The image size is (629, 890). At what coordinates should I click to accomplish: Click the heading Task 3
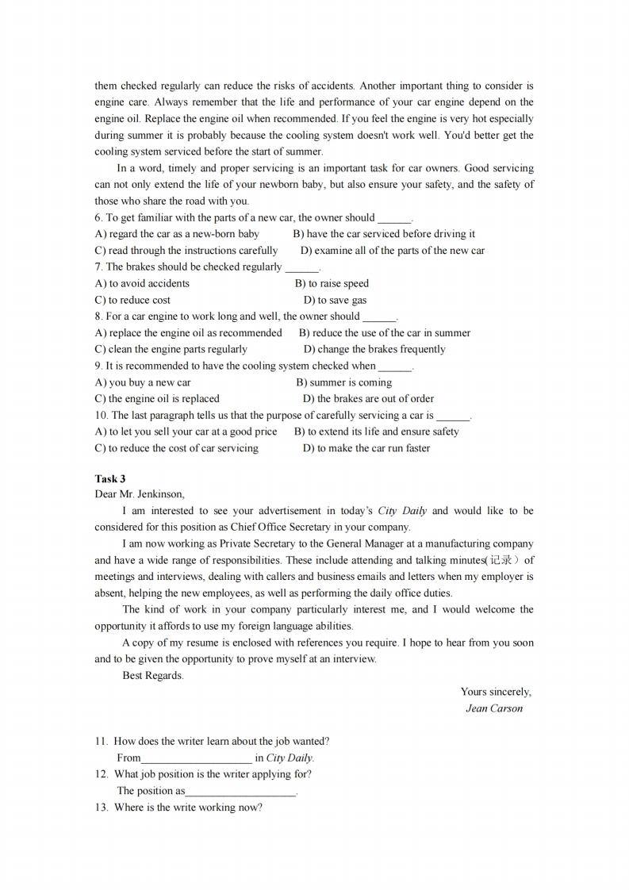pyautogui.click(x=110, y=478)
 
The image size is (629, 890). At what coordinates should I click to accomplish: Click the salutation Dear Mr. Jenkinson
pyautogui.click(x=140, y=494)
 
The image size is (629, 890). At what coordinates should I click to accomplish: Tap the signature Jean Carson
pyautogui.click(x=494, y=708)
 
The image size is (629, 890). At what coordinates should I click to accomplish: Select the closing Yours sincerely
pyautogui.click(x=496, y=692)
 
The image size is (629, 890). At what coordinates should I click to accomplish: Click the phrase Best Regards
pyautogui.click(x=153, y=676)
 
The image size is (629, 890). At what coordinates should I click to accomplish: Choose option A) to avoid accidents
pyautogui.click(x=142, y=283)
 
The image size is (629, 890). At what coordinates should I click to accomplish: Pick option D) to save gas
pyautogui.click(x=335, y=300)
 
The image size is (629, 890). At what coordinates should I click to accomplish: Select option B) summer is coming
pyautogui.click(x=343, y=382)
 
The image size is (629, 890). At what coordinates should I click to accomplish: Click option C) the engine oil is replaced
pyautogui.click(x=157, y=399)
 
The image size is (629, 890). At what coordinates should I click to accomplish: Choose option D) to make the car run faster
pyautogui.click(x=366, y=448)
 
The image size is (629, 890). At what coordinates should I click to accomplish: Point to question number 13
pyautogui.click(x=101, y=808)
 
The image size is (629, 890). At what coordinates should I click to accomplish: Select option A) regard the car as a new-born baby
pyautogui.click(x=177, y=234)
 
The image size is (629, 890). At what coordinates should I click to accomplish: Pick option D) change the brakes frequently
pyautogui.click(x=374, y=349)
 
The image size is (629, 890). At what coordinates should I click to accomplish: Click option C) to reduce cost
pyautogui.click(x=132, y=300)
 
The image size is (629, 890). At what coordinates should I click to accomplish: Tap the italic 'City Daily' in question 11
pyautogui.click(x=290, y=758)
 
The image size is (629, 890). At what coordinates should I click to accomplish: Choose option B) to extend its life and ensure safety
pyautogui.click(x=377, y=432)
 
